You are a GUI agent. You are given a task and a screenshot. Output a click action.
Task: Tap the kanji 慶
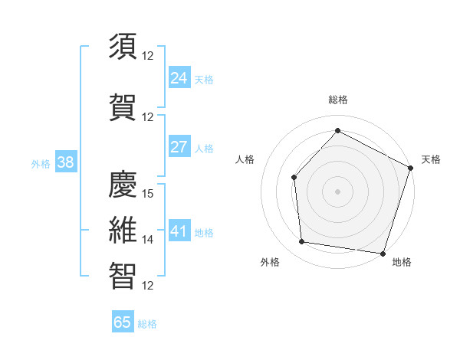pos(123,183)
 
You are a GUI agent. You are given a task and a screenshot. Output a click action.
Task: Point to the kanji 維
pos(123,230)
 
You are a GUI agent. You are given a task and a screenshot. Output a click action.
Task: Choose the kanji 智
pos(123,276)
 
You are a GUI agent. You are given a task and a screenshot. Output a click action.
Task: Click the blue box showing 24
pos(179,77)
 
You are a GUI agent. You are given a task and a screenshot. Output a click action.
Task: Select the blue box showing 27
pos(179,147)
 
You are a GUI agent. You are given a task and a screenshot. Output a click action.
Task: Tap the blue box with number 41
pos(179,231)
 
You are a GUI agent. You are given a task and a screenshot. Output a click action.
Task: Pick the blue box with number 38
pos(65,162)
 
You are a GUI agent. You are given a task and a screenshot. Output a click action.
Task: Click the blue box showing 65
pos(123,322)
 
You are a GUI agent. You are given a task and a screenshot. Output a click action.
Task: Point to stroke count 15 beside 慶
pos(149,194)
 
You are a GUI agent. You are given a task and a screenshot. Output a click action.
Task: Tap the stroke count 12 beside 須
pos(149,55)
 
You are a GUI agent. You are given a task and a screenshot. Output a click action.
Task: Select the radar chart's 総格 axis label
pos(338,100)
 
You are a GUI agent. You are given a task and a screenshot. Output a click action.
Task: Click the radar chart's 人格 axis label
pos(245,159)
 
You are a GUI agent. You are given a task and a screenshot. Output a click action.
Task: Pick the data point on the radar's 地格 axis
pos(383,253)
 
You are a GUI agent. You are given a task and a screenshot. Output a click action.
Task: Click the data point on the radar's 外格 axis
pos(302,242)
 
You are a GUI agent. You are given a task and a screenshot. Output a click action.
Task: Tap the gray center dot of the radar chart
pos(337,191)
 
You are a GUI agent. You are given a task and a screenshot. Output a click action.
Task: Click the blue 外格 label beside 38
pos(41,163)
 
